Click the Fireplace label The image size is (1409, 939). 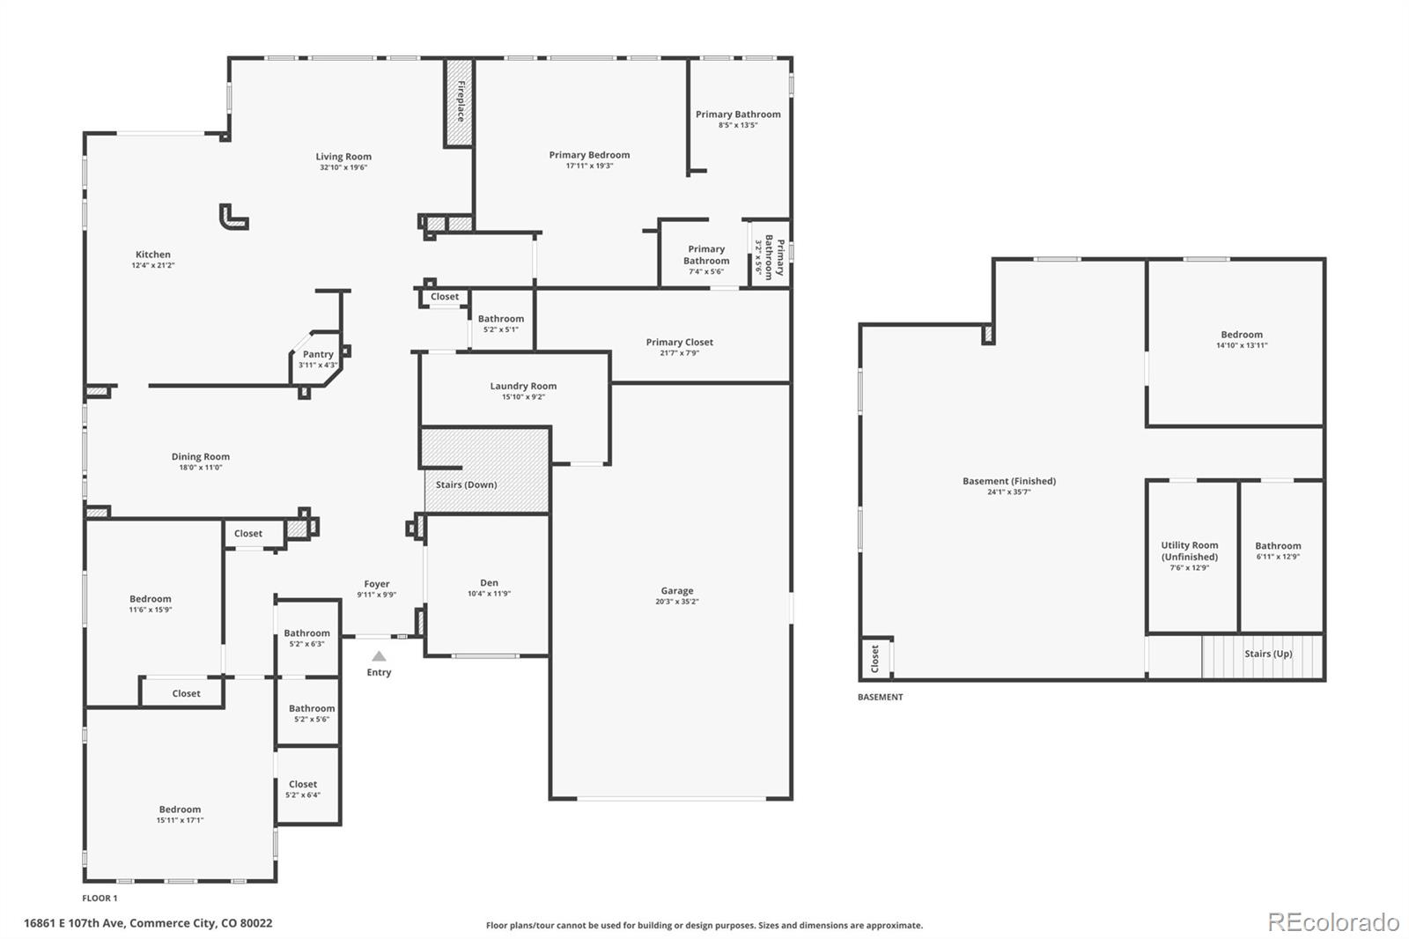(x=461, y=101)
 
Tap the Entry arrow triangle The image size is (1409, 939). (x=379, y=655)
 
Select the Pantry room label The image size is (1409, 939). (x=318, y=354)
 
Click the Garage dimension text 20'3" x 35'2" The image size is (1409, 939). (x=677, y=602)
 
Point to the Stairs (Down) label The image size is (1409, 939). (x=466, y=484)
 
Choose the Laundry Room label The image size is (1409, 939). (x=523, y=386)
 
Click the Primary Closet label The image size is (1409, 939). (x=679, y=343)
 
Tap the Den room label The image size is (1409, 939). (x=489, y=583)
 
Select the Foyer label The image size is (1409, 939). (x=377, y=584)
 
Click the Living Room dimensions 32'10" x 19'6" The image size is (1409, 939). (x=343, y=167)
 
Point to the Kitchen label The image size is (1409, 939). (x=153, y=255)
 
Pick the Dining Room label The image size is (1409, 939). (x=201, y=457)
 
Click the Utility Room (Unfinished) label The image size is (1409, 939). (x=1190, y=551)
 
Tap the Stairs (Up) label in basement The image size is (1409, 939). (x=1268, y=654)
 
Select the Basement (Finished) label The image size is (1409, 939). (x=1009, y=481)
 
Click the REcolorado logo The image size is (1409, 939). (x=1333, y=922)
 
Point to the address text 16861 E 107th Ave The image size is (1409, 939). (x=75, y=923)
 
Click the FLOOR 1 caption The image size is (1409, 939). (x=100, y=898)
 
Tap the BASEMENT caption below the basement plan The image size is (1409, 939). (x=880, y=697)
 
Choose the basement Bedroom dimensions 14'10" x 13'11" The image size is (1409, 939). (x=1242, y=345)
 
